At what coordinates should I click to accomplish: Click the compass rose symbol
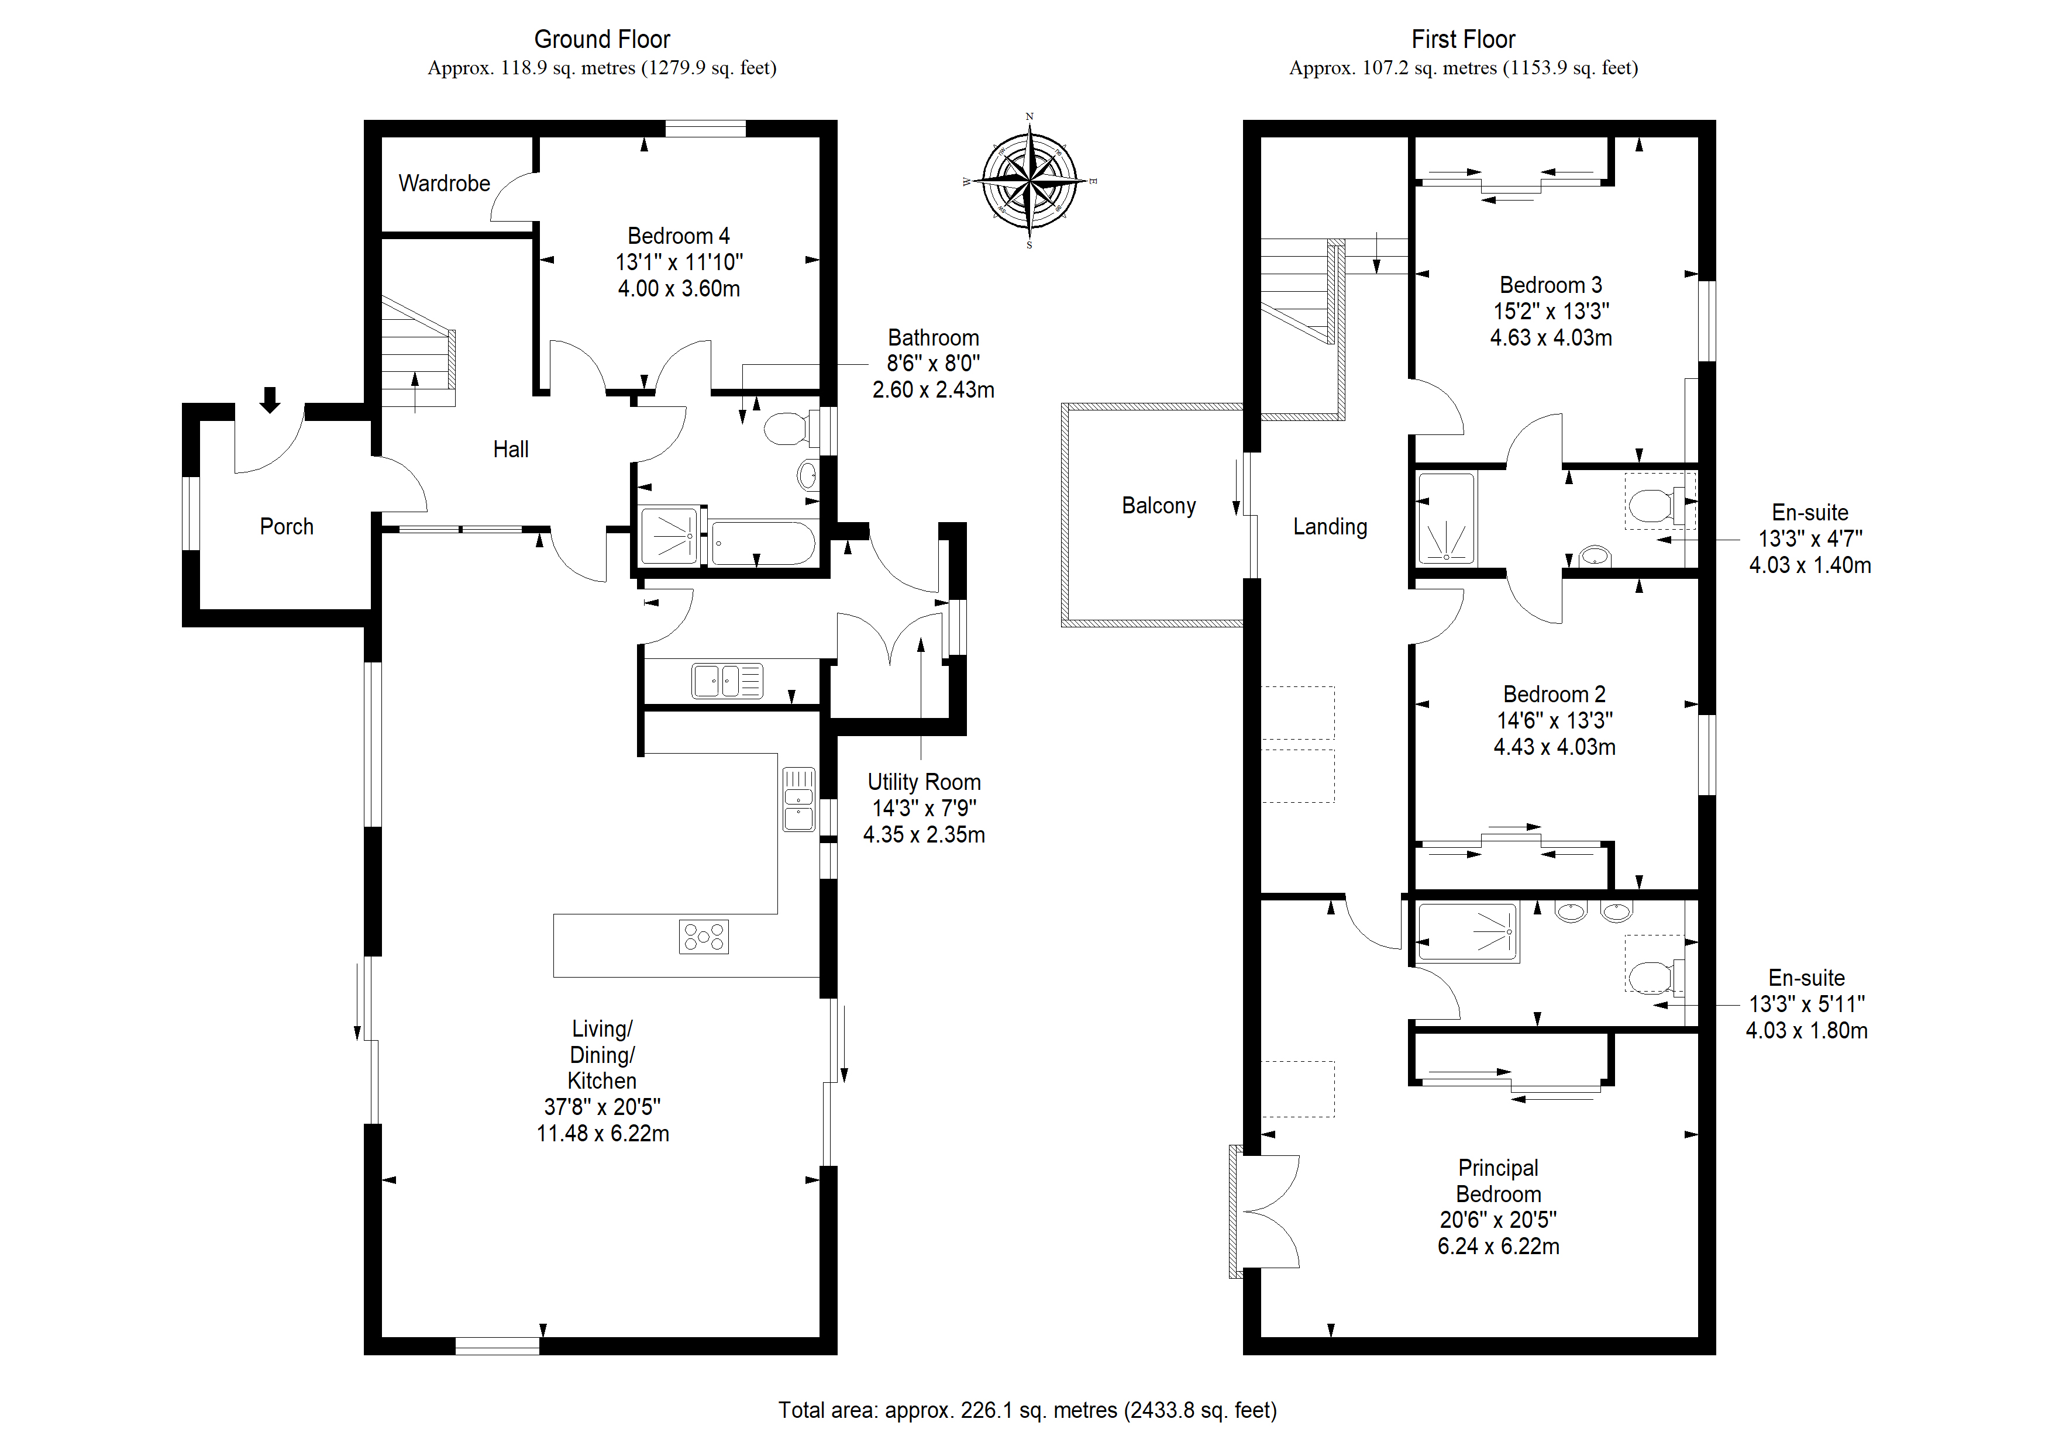[x=1031, y=181]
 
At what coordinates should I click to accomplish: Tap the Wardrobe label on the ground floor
[x=444, y=183]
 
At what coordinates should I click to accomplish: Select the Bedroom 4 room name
[x=679, y=236]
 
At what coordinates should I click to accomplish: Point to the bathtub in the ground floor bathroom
[x=762, y=543]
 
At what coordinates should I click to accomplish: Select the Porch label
[x=287, y=526]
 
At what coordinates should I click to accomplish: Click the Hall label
[x=511, y=450]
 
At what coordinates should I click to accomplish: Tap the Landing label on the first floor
[x=1330, y=527]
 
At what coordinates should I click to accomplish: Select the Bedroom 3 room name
[x=1551, y=285]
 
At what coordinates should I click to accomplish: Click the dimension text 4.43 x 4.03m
[x=1554, y=747]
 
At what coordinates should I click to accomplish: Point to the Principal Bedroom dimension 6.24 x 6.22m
[x=1499, y=1247]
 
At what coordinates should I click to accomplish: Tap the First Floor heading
[x=1463, y=39]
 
